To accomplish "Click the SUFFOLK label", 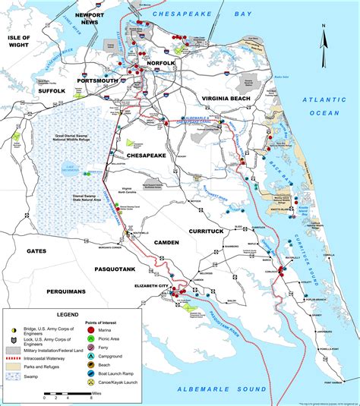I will tap(48, 90).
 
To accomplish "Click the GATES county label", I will tap(36, 250).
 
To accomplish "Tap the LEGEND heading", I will tap(64, 314).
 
